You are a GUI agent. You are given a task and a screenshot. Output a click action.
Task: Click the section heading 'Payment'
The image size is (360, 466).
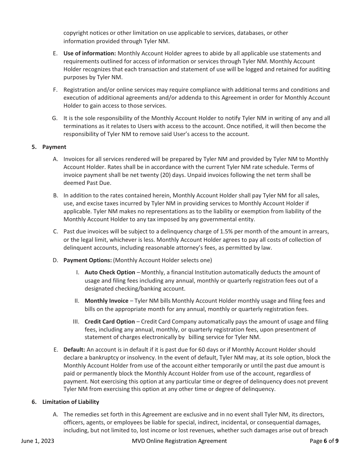pyautogui.click(x=54, y=147)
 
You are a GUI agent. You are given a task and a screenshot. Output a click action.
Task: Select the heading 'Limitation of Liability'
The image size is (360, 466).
pyautogui.click(x=70, y=402)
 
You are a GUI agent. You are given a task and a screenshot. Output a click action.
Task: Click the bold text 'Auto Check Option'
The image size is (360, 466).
pyautogui.click(x=110, y=272)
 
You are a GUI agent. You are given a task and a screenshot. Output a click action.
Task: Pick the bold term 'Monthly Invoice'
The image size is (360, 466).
pyautogui.click(x=106, y=301)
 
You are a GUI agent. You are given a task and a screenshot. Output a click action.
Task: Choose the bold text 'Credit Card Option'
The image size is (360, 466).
pyautogui.click(x=110, y=322)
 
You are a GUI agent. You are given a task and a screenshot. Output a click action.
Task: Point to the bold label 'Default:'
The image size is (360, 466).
pyautogui.click(x=74, y=350)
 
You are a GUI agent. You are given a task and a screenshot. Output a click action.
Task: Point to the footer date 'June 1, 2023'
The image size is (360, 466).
pyautogui.click(x=38, y=441)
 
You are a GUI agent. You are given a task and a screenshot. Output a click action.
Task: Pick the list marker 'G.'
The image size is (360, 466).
pyautogui.click(x=55, y=118)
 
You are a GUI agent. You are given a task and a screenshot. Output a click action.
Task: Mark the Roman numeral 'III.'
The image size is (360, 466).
pyautogui.click(x=76, y=322)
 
